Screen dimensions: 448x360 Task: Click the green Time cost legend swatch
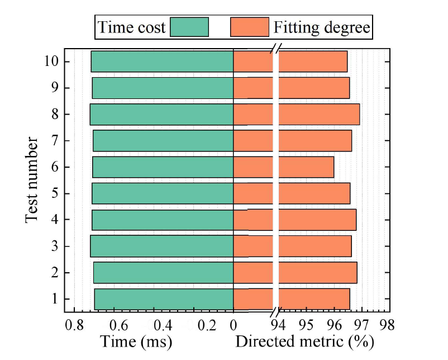coord(189,27)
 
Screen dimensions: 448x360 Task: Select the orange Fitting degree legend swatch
coord(250,27)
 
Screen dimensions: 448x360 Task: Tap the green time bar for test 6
coord(163,167)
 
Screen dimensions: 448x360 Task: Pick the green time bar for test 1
coord(164,299)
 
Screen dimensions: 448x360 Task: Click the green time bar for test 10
coord(162,61)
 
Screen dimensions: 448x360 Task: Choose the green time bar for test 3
coord(161,246)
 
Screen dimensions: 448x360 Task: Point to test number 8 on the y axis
coord(55,115)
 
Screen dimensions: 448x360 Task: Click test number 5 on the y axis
coord(55,193)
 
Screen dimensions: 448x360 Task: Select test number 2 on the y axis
coord(55,272)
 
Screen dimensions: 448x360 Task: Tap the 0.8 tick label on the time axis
coord(74,325)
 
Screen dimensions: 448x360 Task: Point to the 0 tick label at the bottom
coord(233,325)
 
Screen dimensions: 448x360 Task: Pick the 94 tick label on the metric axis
coord(278,325)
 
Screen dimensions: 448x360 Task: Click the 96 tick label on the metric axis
coord(334,325)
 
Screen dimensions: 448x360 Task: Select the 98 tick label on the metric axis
coord(387,325)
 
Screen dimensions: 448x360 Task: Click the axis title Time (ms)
coord(136,342)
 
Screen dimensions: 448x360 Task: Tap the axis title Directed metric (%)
coord(304,342)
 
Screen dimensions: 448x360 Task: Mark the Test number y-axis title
coord(31,180)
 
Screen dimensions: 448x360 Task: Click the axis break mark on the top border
coord(276,49)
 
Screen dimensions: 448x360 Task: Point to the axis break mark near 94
coord(276,312)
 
